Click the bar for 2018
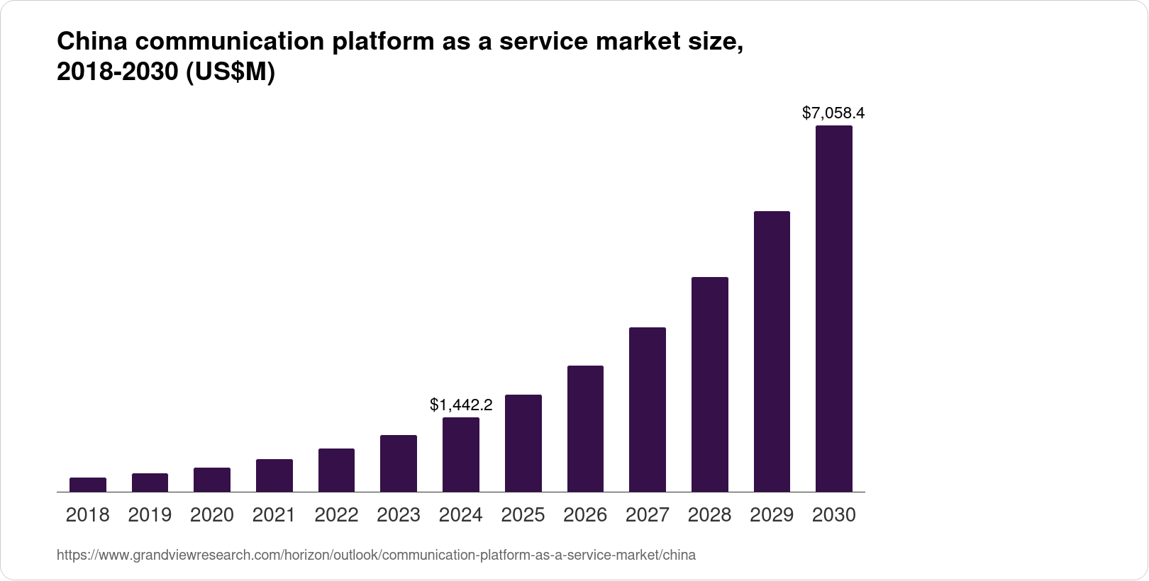click(x=88, y=485)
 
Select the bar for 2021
click(x=274, y=475)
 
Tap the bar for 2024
click(x=461, y=454)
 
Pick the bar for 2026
click(x=585, y=429)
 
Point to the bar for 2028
click(x=710, y=384)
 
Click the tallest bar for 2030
click(x=834, y=309)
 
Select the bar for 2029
click(x=772, y=351)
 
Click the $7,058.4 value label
click(x=833, y=113)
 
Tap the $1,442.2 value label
click(x=461, y=405)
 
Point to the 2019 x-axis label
click(x=150, y=515)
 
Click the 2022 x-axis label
click(x=336, y=515)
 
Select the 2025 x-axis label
click(x=523, y=515)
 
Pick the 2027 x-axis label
click(x=648, y=515)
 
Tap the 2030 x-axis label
click(x=834, y=515)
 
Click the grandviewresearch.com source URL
click(x=376, y=555)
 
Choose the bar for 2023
click(x=399, y=463)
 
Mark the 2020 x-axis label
click(x=212, y=515)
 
